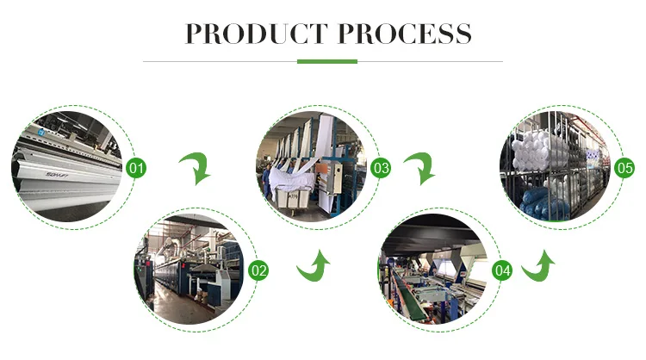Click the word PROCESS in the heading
click(x=401, y=34)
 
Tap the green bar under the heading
click(x=326, y=61)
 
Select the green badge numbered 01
click(x=135, y=167)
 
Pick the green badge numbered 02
click(x=258, y=270)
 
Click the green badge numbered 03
click(x=382, y=167)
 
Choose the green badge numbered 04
click(x=503, y=270)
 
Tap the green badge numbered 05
click(x=624, y=167)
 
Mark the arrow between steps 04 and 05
click(x=538, y=268)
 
